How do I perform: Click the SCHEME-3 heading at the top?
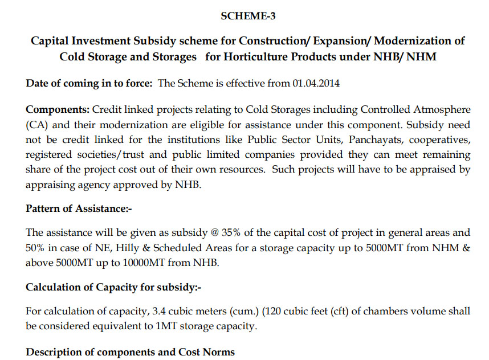[x=248, y=16]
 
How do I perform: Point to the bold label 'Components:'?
[x=58, y=109]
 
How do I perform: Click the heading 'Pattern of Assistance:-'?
[x=79, y=208]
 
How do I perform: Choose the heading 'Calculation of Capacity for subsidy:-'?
[x=113, y=287]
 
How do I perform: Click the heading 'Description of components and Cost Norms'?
[x=130, y=351]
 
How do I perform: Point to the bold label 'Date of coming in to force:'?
[x=89, y=83]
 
